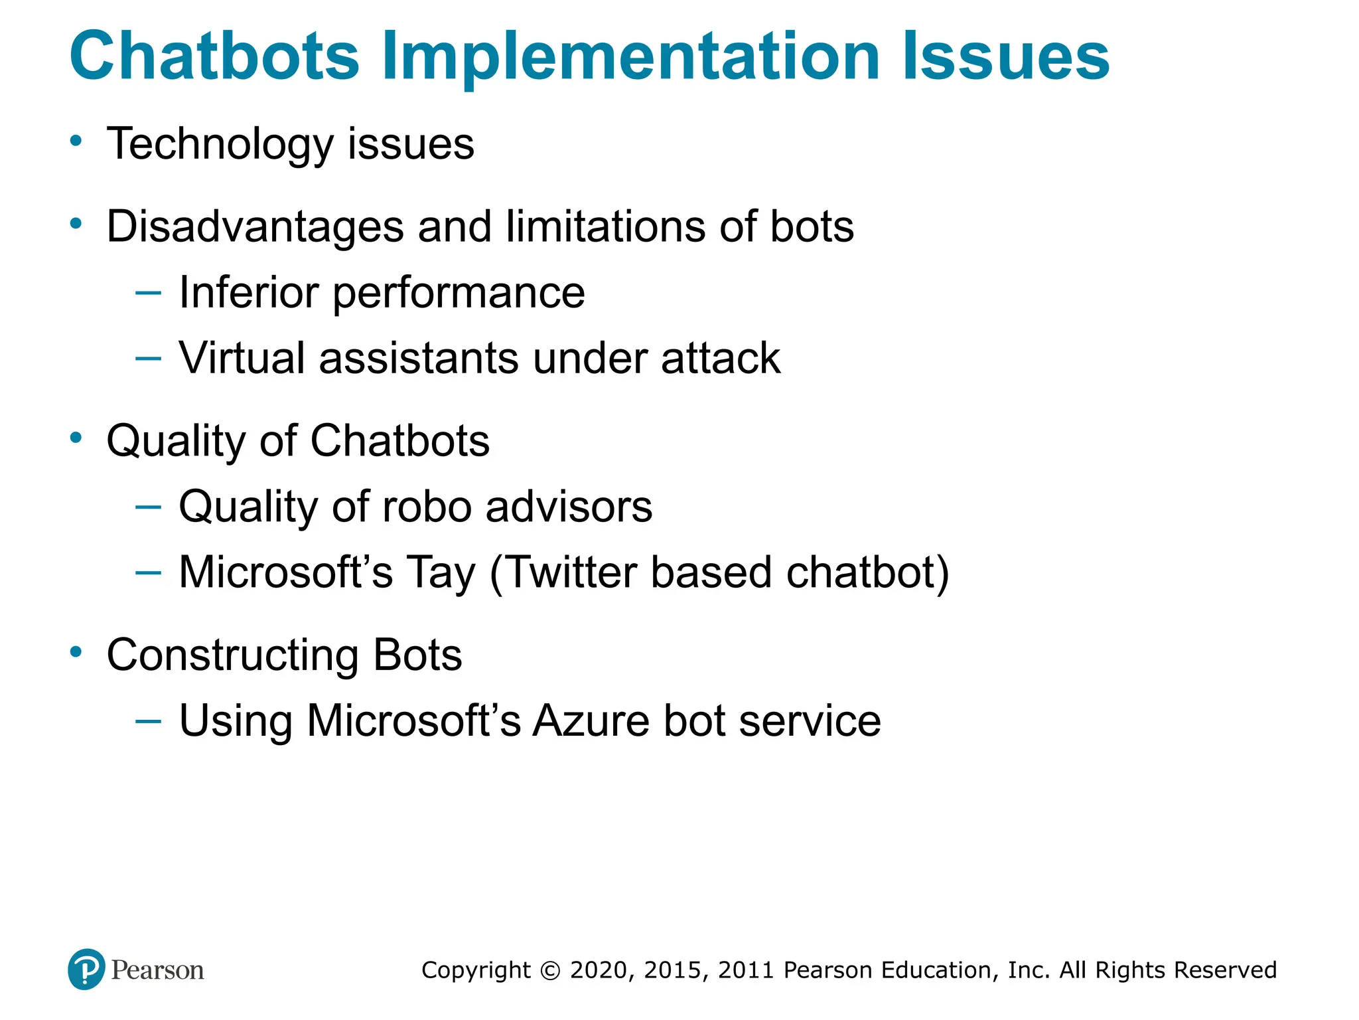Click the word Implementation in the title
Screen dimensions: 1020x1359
click(x=630, y=58)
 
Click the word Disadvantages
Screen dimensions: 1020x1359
click(x=255, y=227)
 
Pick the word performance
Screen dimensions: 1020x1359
click(x=459, y=294)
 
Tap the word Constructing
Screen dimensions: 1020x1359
click(x=232, y=655)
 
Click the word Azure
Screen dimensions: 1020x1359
click(x=591, y=721)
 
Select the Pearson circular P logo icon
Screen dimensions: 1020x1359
click(x=86, y=969)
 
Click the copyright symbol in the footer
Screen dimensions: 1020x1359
click(x=550, y=970)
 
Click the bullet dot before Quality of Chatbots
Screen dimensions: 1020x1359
click(x=76, y=438)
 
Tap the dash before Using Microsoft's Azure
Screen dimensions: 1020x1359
click(x=147, y=721)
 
